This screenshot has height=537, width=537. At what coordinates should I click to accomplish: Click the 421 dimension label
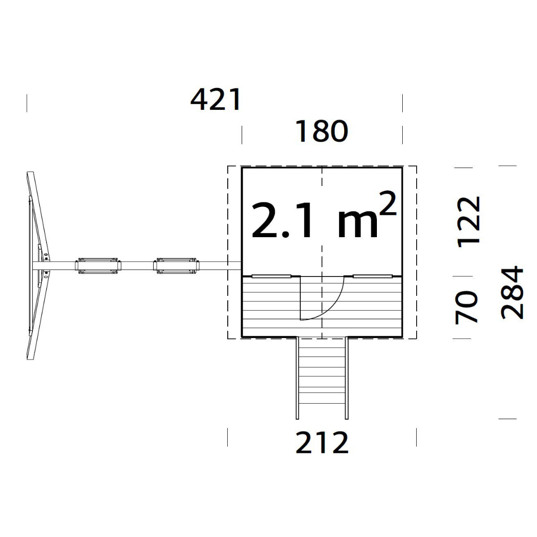[216, 99]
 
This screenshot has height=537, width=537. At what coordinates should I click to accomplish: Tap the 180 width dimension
[322, 131]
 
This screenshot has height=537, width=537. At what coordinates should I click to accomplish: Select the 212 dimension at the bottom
[322, 443]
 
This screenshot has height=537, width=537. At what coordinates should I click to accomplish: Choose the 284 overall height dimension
[512, 292]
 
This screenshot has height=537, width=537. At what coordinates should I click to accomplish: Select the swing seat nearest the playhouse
[177, 266]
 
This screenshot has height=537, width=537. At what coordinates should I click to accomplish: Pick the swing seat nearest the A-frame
[98, 266]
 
